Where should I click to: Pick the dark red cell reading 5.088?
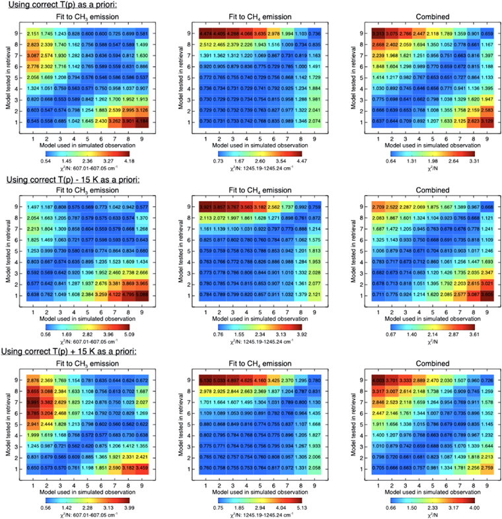tap(143, 295)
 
